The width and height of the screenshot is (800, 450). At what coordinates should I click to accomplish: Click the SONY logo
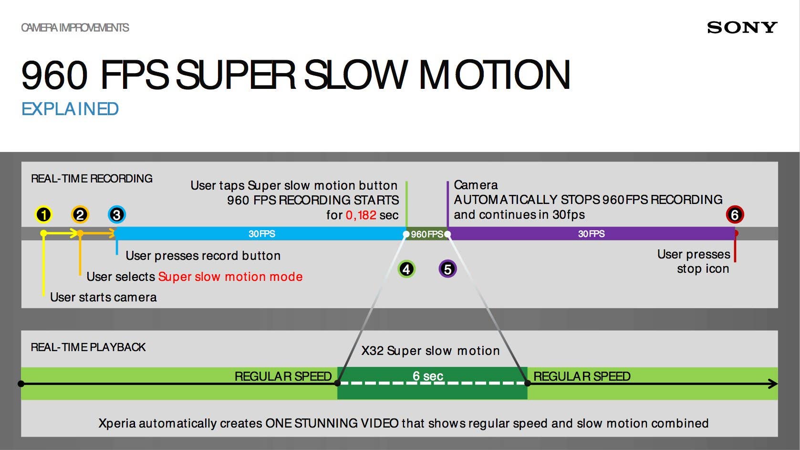pos(742,28)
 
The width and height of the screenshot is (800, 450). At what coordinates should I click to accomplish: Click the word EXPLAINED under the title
pos(70,109)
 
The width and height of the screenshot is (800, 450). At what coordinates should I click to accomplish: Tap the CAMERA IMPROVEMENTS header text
pos(75,28)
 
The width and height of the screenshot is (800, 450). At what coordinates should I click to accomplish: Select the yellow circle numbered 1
pos(43,214)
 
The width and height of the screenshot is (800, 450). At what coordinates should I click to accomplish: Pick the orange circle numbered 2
pos(80,214)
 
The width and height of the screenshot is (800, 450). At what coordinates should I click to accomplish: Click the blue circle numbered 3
pos(116,214)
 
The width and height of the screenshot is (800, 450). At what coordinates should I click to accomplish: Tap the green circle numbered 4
pos(406,269)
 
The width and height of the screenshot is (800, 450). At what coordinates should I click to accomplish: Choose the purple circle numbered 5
pos(447,269)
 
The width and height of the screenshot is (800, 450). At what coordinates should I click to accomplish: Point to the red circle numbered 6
pos(735,214)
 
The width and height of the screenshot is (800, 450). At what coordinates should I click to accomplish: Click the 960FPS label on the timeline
pos(427,234)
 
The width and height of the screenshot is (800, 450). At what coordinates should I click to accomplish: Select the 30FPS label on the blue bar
pos(261,234)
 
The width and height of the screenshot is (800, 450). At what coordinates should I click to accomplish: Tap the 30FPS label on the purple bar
pos(591,234)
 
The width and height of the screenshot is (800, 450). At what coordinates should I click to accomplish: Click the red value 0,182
pos(361,215)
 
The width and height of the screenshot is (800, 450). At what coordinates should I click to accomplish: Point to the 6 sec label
pos(428,376)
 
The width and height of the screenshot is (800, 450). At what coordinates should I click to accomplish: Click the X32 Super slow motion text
pos(430,351)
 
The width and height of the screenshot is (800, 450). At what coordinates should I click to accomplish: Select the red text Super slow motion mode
pos(230,277)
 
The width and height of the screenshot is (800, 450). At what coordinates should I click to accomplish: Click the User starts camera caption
pos(103,297)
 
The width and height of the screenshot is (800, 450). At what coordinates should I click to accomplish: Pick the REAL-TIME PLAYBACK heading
pos(88,347)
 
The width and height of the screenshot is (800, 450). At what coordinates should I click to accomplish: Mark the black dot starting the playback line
pos(21,384)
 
